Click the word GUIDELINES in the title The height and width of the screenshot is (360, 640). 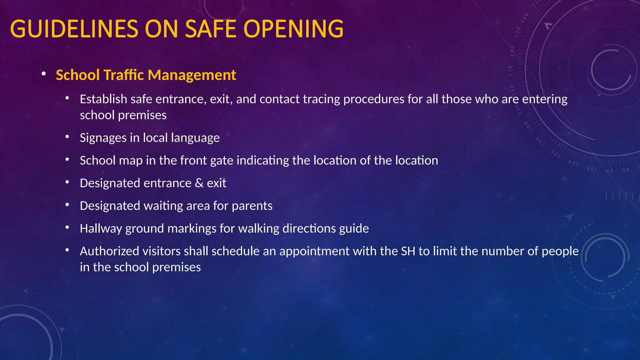[x=74, y=29]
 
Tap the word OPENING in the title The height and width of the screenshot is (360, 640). [x=293, y=29]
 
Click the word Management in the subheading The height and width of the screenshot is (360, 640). [x=192, y=75]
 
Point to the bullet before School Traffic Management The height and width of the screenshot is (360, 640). [x=44, y=74]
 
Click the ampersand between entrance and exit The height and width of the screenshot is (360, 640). [x=199, y=183]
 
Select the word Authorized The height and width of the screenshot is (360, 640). [x=109, y=251]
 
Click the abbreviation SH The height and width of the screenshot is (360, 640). [x=408, y=251]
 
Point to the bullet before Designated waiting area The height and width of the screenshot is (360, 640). [x=67, y=205]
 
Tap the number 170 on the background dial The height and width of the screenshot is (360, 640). [x=510, y=71]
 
